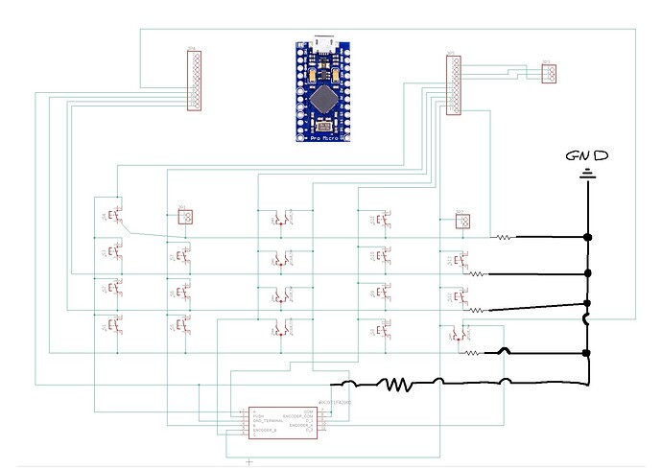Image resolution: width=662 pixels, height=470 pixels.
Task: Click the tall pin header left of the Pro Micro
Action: click(194, 81)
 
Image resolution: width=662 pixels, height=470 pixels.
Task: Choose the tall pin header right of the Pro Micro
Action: click(454, 84)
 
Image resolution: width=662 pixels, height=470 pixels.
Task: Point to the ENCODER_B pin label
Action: click(265, 432)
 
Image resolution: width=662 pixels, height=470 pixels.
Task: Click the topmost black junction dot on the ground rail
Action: click(587, 236)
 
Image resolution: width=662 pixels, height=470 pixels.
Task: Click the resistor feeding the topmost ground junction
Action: click(503, 236)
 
